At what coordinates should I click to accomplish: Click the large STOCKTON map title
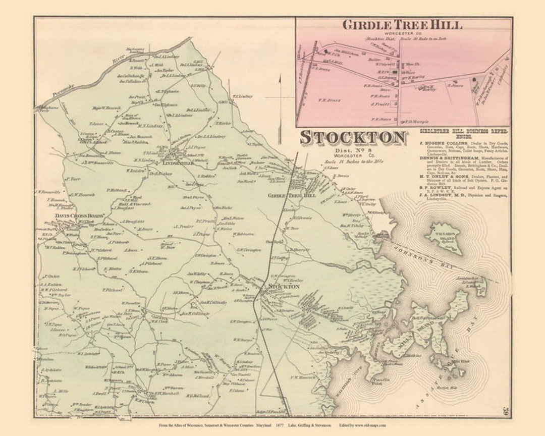(x=353, y=138)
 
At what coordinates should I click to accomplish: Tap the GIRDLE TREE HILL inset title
(x=402, y=24)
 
